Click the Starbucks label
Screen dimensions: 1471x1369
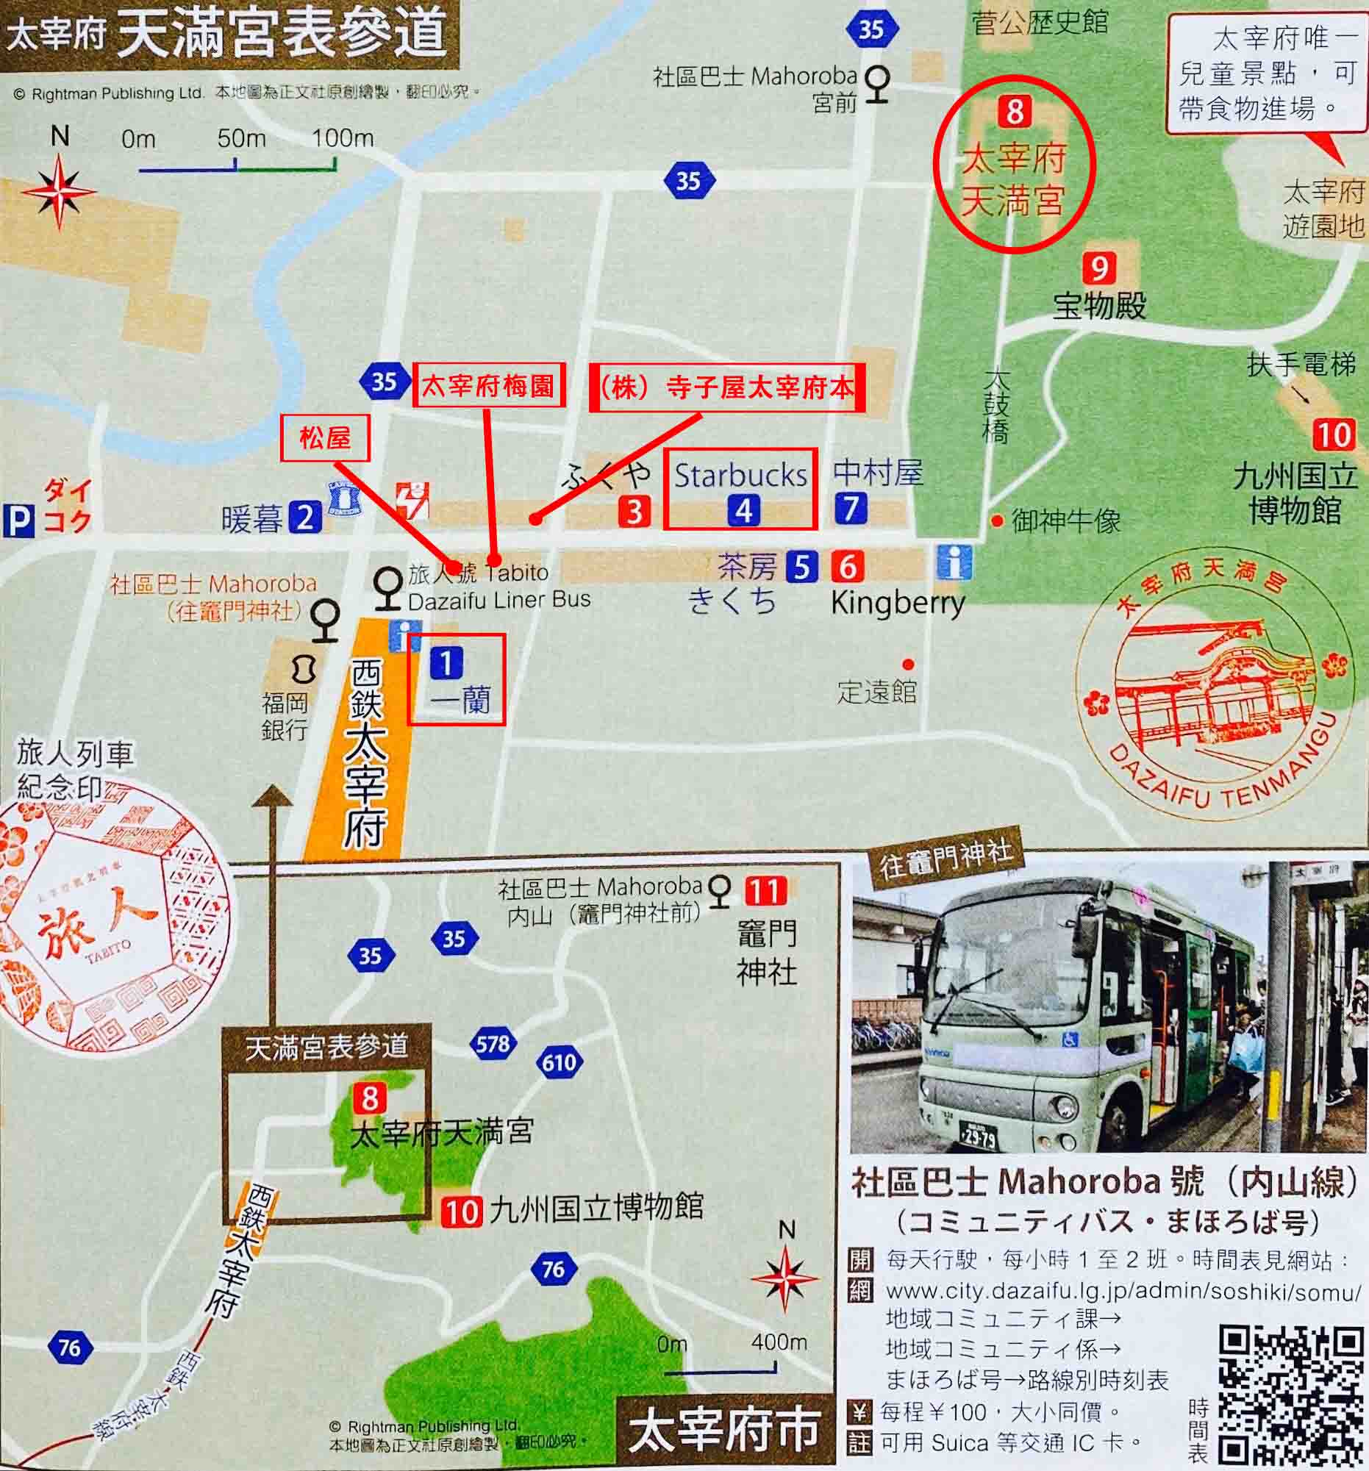tap(740, 475)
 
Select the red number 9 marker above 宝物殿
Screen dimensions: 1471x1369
tap(1099, 268)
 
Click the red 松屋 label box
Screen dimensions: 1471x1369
tap(325, 439)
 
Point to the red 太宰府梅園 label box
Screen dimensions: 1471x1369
tap(488, 384)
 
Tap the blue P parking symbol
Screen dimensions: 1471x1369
tap(18, 521)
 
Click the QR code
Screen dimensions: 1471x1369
tap(1290, 1392)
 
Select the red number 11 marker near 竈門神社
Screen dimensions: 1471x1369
tap(766, 890)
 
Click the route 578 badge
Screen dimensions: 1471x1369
tap(493, 1044)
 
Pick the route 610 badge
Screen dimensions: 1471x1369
tap(559, 1063)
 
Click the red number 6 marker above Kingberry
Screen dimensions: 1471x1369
tap(847, 567)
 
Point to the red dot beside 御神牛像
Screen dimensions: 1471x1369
tap(997, 522)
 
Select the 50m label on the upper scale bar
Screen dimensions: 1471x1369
tap(241, 138)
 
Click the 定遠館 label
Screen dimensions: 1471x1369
tap(877, 692)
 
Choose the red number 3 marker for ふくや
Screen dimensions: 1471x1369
tap(635, 512)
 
